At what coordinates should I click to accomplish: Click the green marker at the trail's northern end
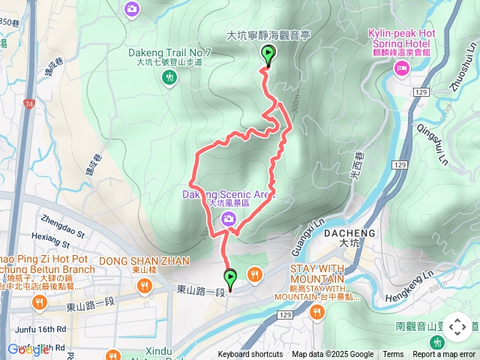[268, 54]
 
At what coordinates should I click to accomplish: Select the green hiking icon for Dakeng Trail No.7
[169, 76]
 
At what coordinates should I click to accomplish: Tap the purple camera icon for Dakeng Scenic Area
[229, 218]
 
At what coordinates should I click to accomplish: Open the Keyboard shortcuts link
[250, 355]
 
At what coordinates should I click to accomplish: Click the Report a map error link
[444, 355]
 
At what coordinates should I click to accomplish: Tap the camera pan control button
[457, 327]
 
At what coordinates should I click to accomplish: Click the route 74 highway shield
[28, 103]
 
